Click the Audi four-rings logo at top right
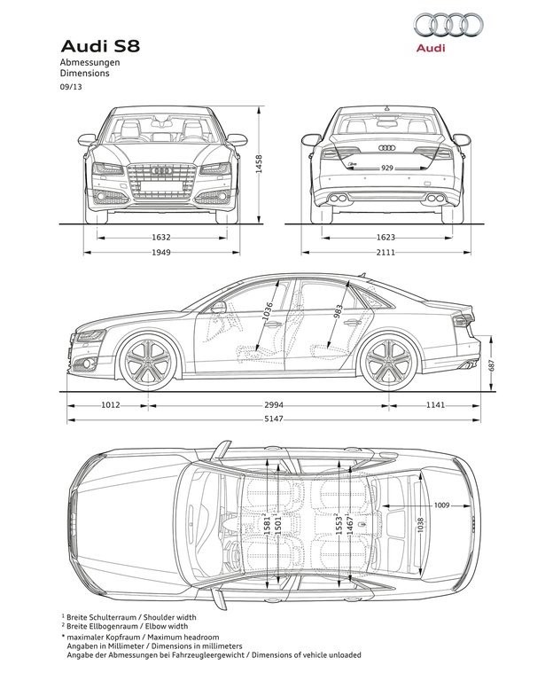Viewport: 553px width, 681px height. pos(448,24)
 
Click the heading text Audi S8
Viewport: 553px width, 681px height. pos(100,46)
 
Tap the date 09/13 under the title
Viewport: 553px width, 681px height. pos(71,86)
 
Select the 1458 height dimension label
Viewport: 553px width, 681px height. pos(259,164)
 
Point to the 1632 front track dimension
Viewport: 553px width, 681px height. pos(161,238)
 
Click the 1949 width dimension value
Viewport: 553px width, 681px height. pos(161,252)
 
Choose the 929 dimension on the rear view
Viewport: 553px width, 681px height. pos(386,168)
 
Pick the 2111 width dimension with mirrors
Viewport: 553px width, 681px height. pos(386,252)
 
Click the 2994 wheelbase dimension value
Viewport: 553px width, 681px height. pos(274,405)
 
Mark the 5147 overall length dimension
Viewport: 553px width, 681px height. pos(274,419)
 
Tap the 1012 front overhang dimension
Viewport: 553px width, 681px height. pos(110,405)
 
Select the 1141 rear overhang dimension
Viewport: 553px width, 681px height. pos(435,405)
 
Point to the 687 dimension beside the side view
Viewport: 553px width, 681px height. pos(491,364)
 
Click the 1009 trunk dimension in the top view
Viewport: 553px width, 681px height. pos(442,505)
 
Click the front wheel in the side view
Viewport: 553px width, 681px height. pos(149,362)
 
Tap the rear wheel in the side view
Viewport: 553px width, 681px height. pos(388,362)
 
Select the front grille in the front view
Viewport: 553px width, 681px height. pos(161,182)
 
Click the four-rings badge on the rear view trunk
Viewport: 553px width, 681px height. pos(386,148)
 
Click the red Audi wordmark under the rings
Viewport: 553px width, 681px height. pos(431,48)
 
